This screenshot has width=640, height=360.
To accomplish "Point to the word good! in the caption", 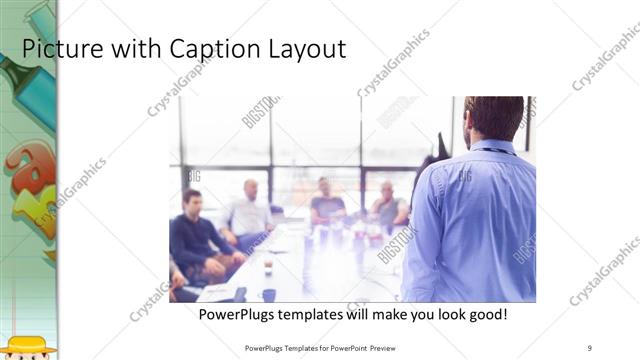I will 486,314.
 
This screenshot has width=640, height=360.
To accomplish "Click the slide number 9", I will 590,347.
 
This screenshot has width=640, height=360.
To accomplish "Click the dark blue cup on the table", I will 269,294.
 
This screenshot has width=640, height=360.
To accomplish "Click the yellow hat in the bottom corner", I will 30,346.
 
